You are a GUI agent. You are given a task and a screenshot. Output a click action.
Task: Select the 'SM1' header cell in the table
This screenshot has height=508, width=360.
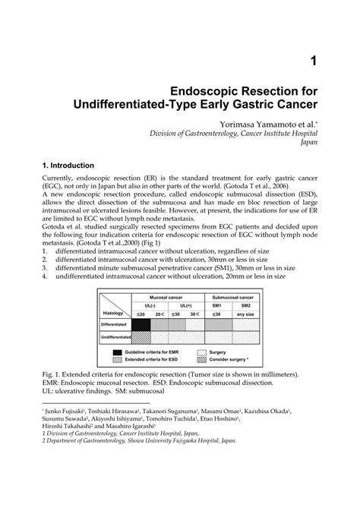point(216,304)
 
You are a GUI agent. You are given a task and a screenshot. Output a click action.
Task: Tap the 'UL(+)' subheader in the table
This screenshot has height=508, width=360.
point(186,304)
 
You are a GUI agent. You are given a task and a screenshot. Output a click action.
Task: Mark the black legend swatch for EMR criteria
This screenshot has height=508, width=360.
point(118,352)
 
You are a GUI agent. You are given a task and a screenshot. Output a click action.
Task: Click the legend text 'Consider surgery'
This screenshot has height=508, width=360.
point(232,359)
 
